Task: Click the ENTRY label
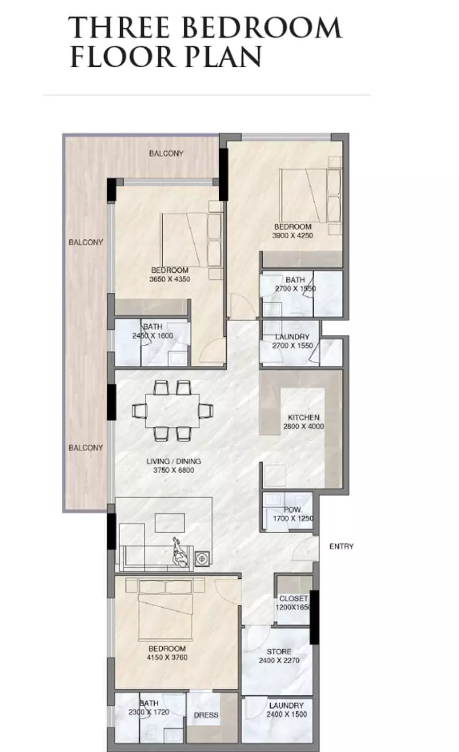pos(341,547)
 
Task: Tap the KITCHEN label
pos(303,418)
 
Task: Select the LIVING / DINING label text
pos(174,461)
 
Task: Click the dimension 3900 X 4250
pos(293,236)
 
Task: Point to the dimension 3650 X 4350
pos(169,279)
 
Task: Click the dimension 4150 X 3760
pos(168,657)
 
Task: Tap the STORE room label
pos(279,651)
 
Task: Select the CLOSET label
pos(293,598)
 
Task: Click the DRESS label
pos(206,715)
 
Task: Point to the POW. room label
pos(293,510)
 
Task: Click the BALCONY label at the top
pos(166,153)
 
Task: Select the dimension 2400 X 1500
pos(286,715)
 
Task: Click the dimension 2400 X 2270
pos(279,660)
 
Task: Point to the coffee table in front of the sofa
pos(169,523)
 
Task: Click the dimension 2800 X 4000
pos(303,426)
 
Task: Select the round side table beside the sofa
pos(202,558)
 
